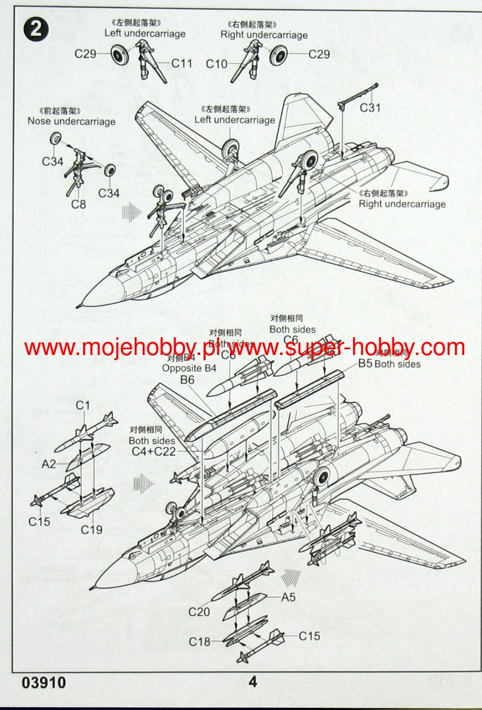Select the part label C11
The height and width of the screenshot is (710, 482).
(182, 64)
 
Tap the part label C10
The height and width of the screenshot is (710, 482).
(217, 64)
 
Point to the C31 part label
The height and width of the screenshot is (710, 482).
(370, 108)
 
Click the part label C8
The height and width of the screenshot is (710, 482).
(79, 204)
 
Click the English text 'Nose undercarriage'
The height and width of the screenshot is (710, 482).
(72, 121)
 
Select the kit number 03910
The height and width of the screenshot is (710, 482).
(44, 683)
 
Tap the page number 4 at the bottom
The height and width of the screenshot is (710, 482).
(253, 682)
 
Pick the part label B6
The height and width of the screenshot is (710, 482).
(187, 380)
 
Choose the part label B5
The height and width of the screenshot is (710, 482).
(365, 364)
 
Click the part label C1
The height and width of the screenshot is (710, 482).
(83, 405)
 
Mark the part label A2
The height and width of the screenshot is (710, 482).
(49, 464)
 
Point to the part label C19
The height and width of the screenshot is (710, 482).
(91, 530)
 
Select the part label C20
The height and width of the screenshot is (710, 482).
(199, 612)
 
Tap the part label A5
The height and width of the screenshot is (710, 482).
(288, 597)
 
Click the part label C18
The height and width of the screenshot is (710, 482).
(200, 642)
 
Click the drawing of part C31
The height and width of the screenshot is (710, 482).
(358, 94)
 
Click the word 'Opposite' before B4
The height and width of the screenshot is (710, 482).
(181, 368)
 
